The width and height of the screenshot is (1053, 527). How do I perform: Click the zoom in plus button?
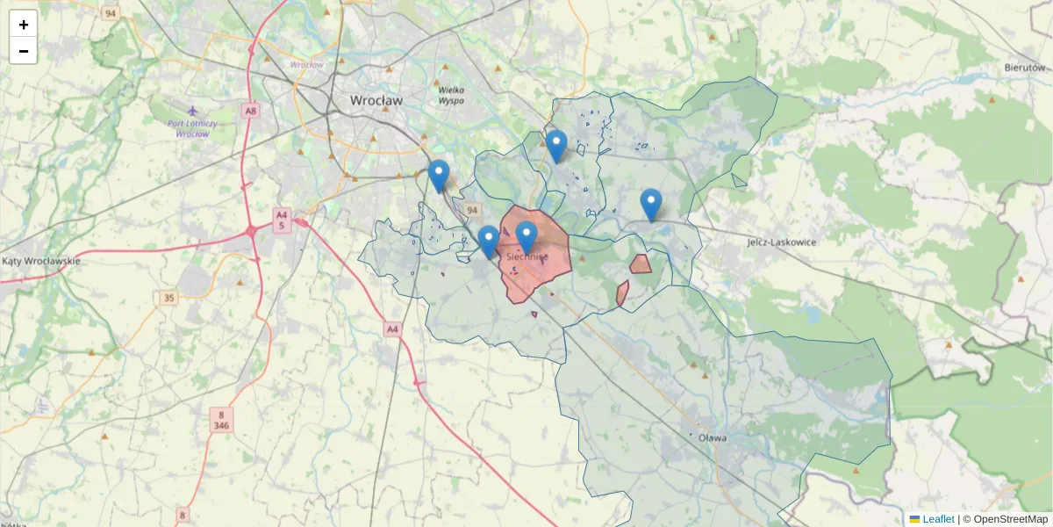(24, 25)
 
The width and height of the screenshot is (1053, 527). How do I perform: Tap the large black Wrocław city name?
(376, 101)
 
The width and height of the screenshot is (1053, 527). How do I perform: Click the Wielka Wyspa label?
(450, 95)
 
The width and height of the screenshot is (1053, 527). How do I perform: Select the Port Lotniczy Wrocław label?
(192, 128)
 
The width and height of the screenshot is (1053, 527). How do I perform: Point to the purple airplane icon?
(193, 112)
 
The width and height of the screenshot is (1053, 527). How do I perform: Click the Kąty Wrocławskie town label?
(41, 261)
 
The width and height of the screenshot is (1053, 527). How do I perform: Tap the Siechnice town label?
(527, 256)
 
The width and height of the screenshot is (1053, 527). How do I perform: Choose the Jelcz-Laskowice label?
(781, 242)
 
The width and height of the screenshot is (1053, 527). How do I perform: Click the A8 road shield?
(252, 111)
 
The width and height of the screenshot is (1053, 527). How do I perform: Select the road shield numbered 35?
(168, 299)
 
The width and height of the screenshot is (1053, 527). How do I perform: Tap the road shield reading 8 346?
(222, 419)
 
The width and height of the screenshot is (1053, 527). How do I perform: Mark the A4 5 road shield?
(281, 220)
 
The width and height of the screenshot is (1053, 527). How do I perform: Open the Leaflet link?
(938, 519)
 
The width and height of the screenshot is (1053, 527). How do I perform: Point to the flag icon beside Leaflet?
(915, 519)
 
